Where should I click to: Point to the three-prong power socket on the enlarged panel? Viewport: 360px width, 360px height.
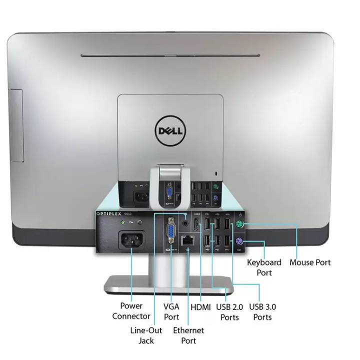[130, 241]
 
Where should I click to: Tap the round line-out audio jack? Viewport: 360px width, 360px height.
[187, 224]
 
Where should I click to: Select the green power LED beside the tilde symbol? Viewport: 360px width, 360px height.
[139, 223]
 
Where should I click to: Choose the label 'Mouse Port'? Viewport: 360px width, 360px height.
[310, 262]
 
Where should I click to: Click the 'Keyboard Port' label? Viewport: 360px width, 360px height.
[264, 267]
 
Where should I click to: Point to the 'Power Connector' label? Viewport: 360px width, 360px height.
[131, 311]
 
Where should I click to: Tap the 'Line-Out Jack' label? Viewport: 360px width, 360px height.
[146, 335]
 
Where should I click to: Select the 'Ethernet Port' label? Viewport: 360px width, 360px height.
[188, 335]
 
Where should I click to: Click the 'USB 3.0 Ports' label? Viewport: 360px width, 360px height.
[262, 312]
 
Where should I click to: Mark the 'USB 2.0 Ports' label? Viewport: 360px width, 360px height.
[229, 312]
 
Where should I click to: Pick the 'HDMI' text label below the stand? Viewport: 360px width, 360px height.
[200, 306]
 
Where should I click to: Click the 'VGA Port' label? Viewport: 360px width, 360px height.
[171, 311]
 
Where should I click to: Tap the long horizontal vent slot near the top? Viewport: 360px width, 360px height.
[170, 55]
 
